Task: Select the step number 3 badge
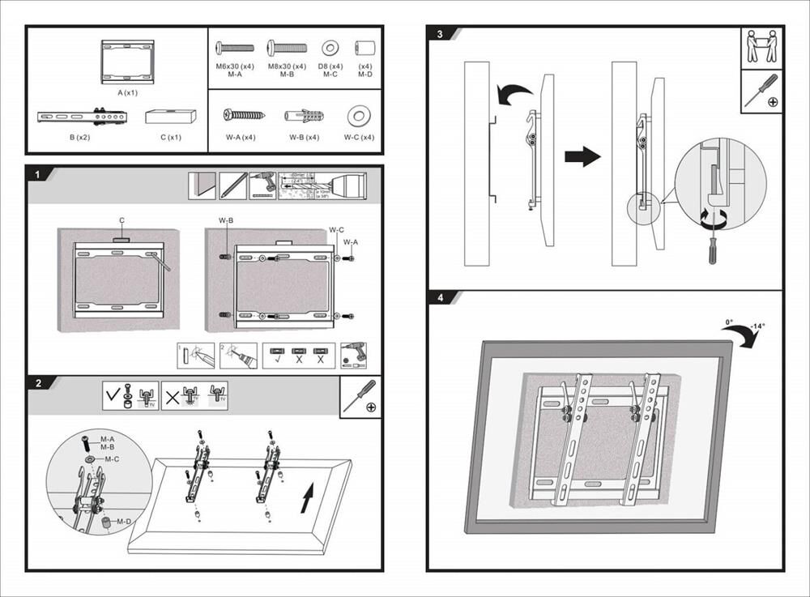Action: (439, 35)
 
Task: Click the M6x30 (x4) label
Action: (235, 66)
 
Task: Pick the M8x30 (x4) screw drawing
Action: (287, 48)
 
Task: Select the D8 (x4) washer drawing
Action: (330, 48)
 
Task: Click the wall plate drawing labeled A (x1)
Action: (126, 62)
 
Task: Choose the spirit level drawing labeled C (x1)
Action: (171, 116)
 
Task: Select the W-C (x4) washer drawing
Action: (358, 116)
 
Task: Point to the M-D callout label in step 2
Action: (123, 522)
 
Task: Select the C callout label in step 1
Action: (122, 220)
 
